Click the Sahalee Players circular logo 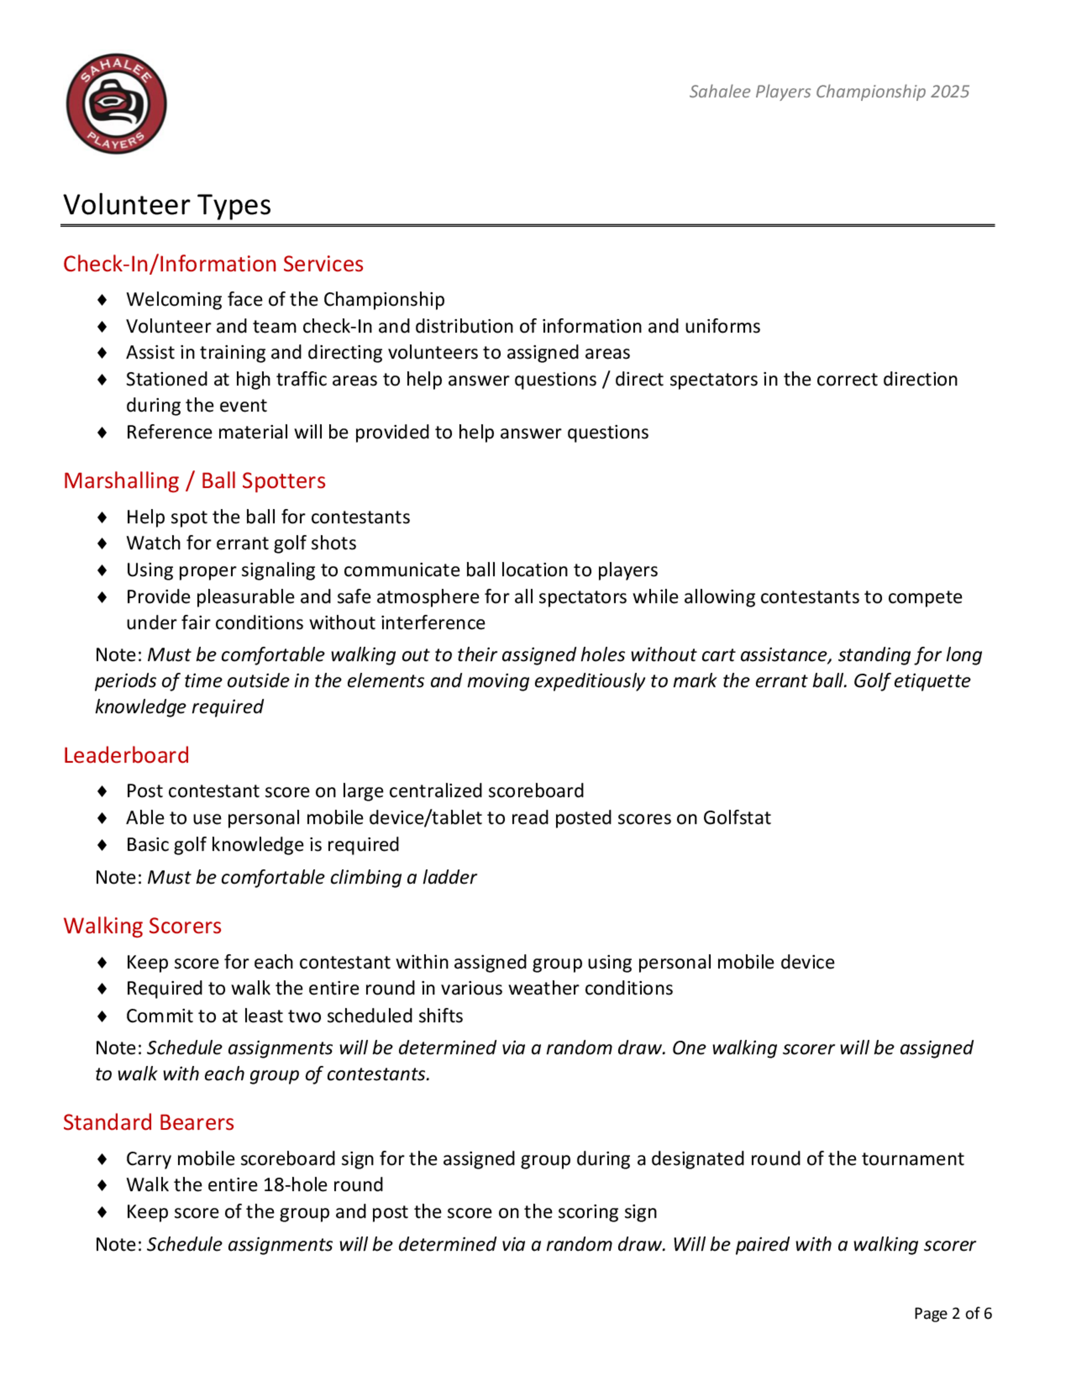click(116, 103)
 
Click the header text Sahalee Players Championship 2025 click(828, 92)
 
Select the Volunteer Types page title click(168, 205)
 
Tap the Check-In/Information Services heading click(213, 264)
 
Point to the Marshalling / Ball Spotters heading click(194, 481)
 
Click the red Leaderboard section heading click(126, 755)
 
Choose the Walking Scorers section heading click(142, 926)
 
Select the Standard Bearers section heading click(148, 1123)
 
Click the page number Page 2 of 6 click(952, 1314)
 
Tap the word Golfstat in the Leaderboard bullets click(737, 818)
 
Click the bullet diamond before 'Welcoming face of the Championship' click(102, 299)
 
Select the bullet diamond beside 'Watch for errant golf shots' click(102, 543)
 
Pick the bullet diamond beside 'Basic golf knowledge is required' click(102, 845)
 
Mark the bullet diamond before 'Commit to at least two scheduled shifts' click(102, 1016)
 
